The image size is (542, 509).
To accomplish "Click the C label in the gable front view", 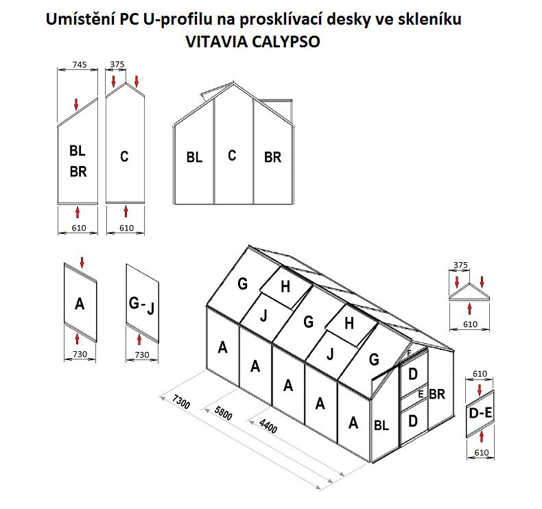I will [232, 155].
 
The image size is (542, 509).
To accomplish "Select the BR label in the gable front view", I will [272, 157].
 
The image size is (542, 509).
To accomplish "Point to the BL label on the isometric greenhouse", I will [381, 425].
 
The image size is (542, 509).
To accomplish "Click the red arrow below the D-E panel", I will [482, 436].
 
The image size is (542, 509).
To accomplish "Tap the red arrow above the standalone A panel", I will [82, 261].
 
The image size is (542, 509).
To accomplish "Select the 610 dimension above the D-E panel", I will [480, 374].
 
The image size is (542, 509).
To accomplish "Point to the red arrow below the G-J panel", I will [139, 338].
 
